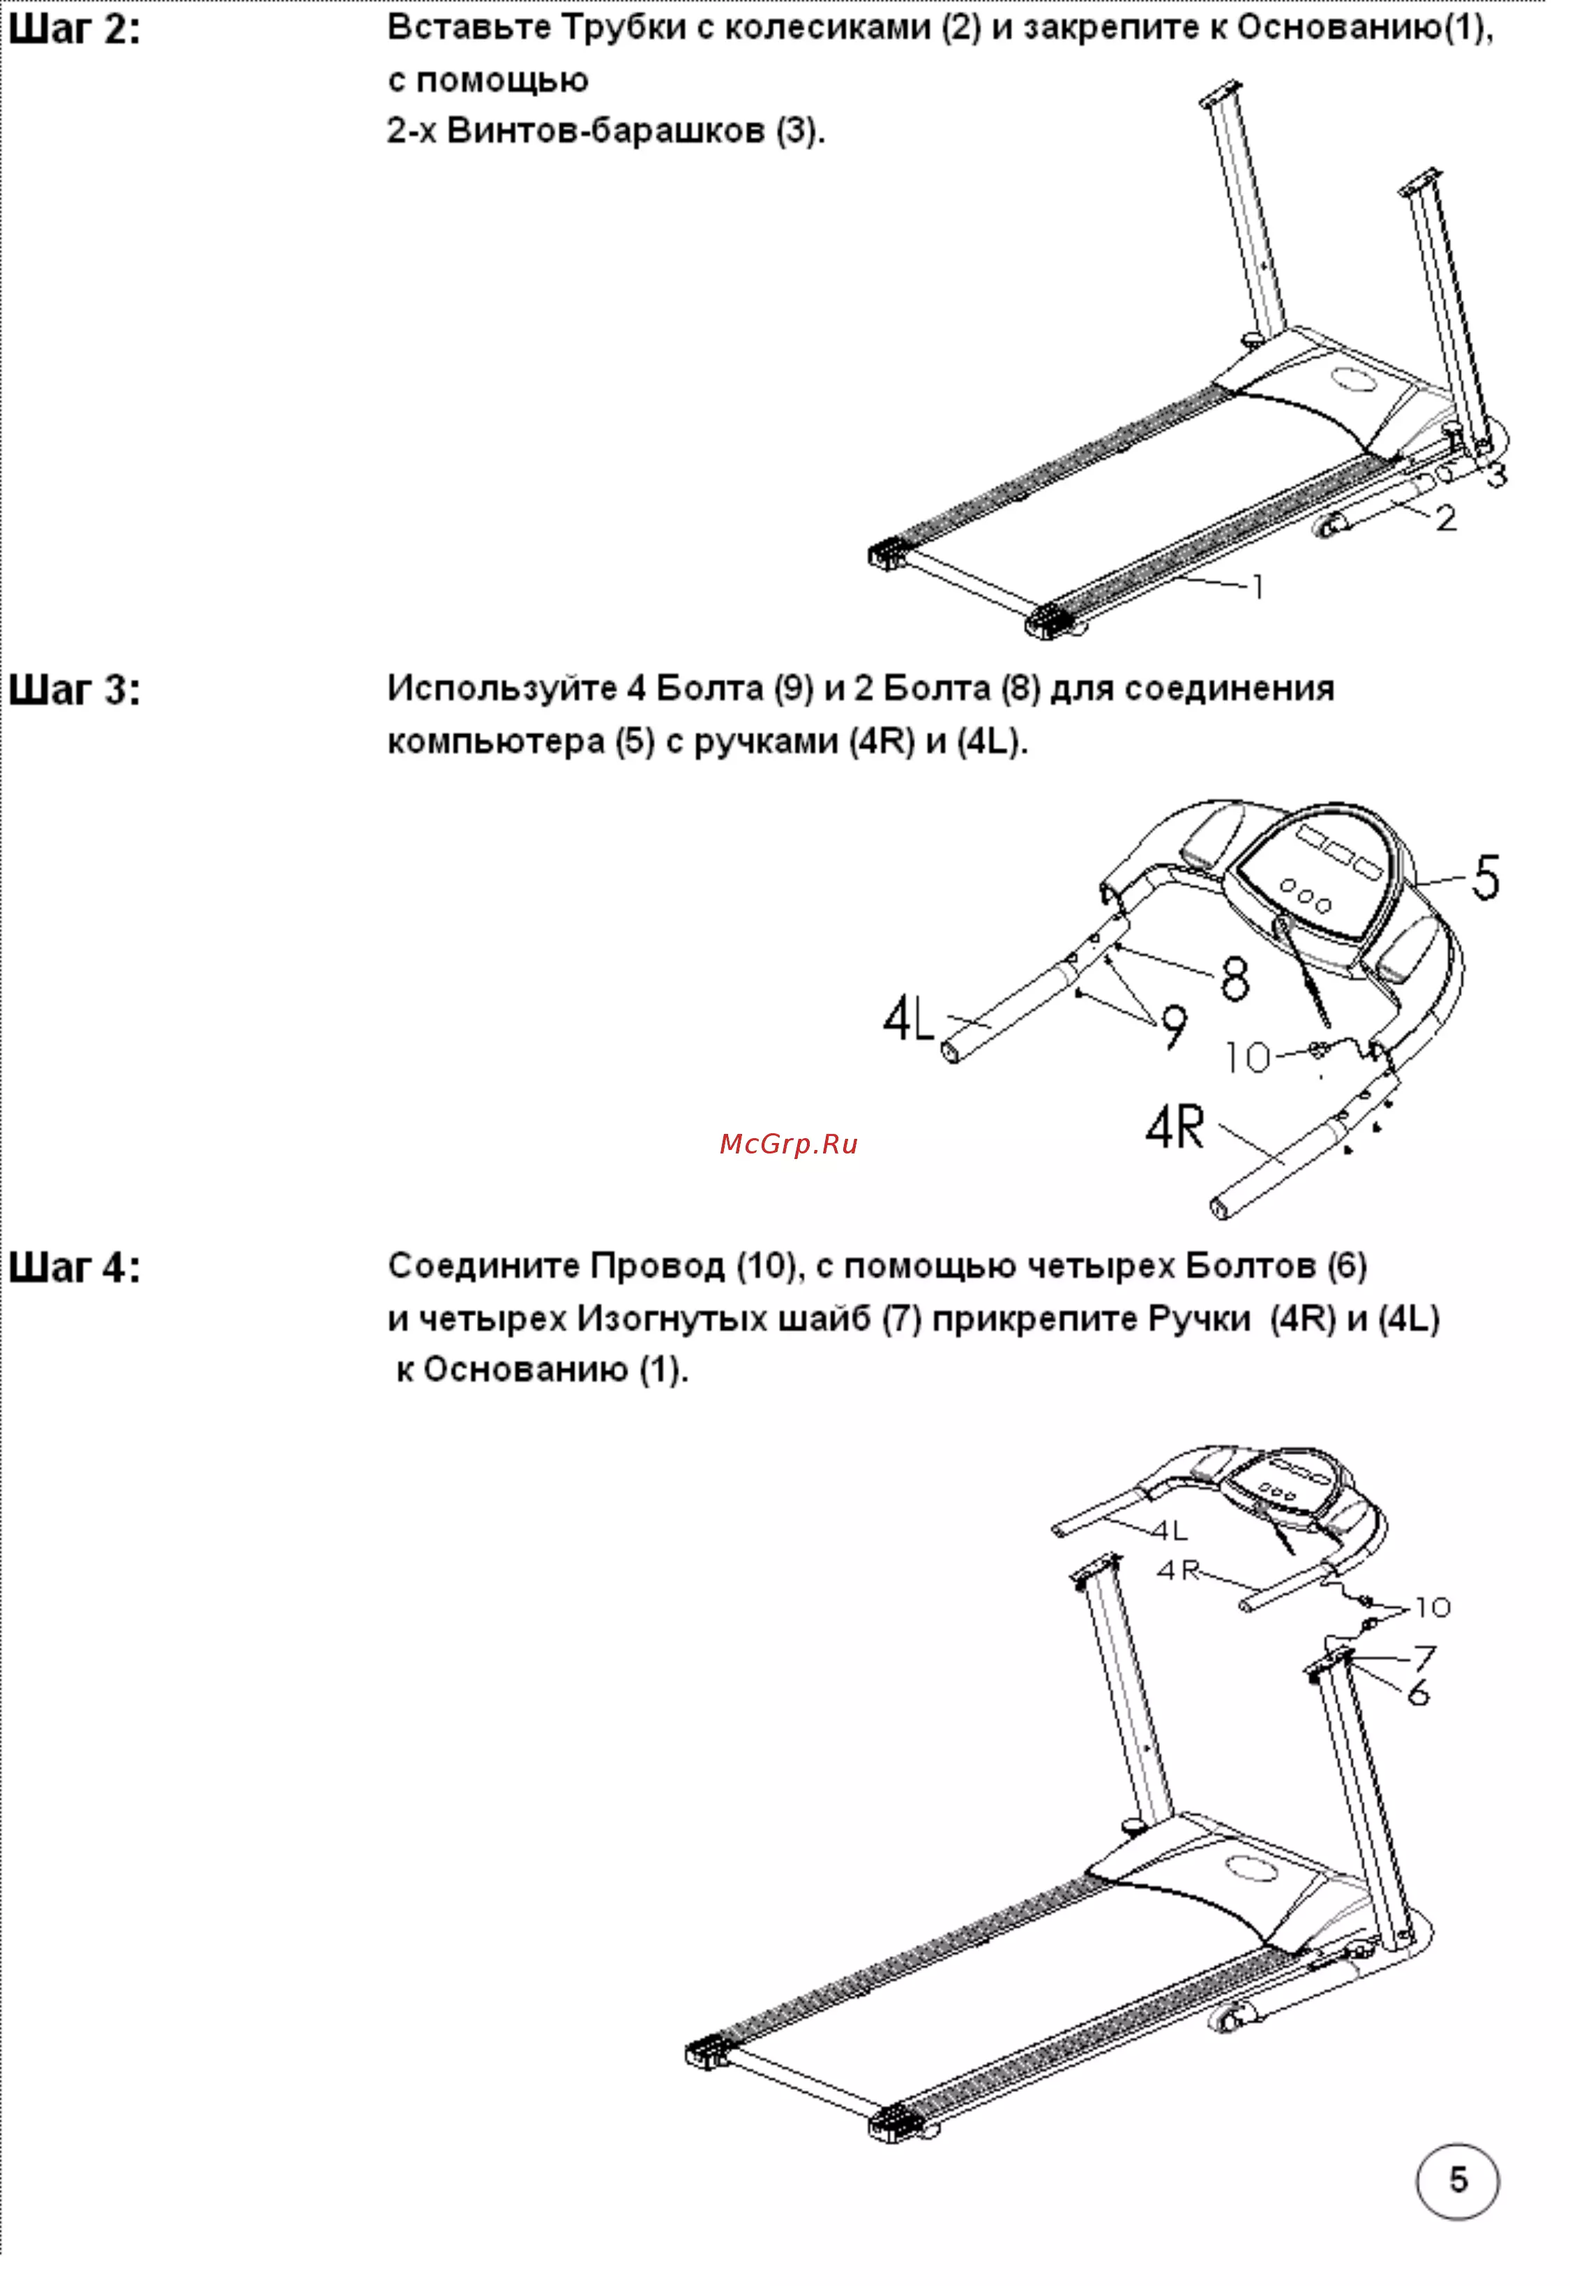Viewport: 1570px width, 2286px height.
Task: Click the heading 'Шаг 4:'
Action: (x=74, y=1267)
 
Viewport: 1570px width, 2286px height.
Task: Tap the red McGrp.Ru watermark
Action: (x=788, y=1144)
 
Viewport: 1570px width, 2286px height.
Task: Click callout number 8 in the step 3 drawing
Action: (x=1235, y=978)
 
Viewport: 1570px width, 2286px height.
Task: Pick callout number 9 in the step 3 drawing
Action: (x=1174, y=1027)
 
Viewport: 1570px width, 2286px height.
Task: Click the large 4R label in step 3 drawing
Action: (x=1175, y=1127)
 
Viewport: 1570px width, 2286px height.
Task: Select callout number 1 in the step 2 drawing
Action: (x=1256, y=587)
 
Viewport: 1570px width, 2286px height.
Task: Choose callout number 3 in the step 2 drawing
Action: (x=1495, y=475)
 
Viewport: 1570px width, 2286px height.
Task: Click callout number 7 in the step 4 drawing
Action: (x=1424, y=1657)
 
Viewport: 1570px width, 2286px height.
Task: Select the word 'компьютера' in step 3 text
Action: (x=496, y=742)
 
